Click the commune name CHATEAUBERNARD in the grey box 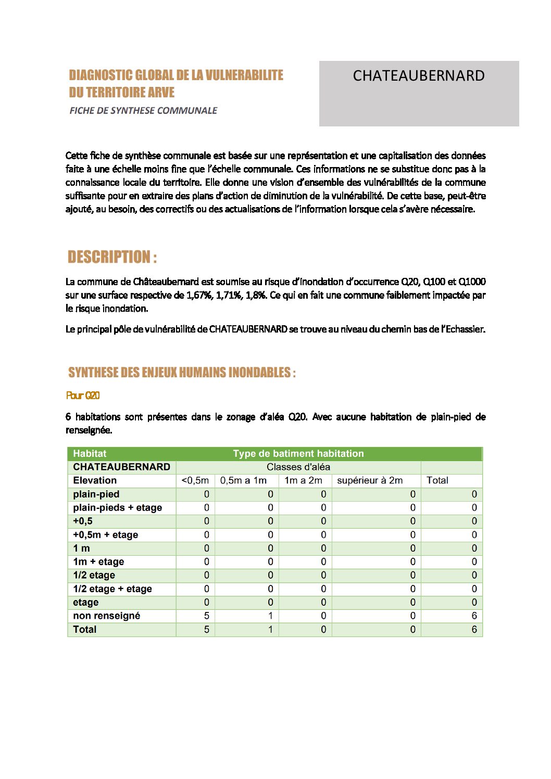click(418, 76)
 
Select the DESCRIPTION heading click(112, 257)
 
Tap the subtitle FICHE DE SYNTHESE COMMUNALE click(143, 110)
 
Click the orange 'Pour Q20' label click(83, 395)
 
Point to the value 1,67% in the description click(198, 295)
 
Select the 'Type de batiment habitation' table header click(298, 453)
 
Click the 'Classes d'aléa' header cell click(298, 467)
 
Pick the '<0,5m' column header click(195, 480)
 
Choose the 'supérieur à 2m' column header click(370, 480)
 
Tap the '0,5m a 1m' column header click(243, 480)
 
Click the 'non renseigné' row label click(106, 616)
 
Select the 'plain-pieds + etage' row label click(117, 507)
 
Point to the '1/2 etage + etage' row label click(112, 589)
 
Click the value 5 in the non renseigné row click(207, 616)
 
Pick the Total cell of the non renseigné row click(474, 616)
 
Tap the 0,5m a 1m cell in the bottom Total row click(270, 629)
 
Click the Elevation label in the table click(95, 480)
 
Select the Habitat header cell click(90, 453)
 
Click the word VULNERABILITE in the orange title click(244, 75)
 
